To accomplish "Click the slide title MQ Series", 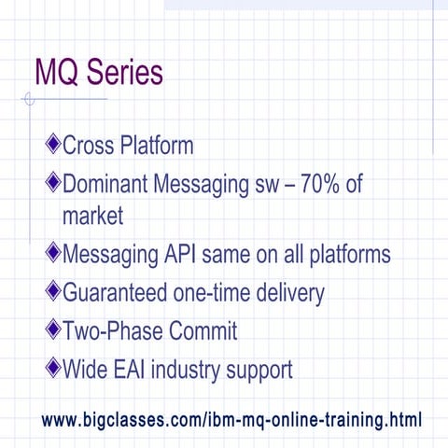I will pos(98,72).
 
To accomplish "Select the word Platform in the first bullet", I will pos(161,146).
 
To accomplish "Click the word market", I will pos(92,217).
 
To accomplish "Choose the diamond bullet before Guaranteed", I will pos(52,292).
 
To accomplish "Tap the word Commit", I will pos(203,331).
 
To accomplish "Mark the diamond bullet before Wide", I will pos(52,369).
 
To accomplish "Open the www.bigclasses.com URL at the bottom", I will pos(231,420).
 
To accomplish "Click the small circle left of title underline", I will pos(30,99).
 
